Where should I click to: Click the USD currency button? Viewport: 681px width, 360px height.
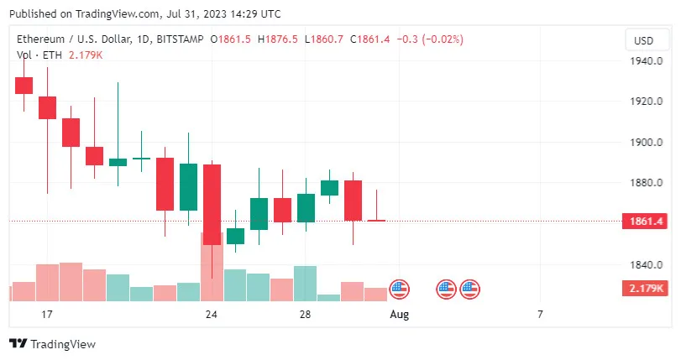click(x=643, y=40)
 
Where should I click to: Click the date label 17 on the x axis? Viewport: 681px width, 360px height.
click(x=47, y=315)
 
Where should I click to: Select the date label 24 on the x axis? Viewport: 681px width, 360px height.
click(x=212, y=315)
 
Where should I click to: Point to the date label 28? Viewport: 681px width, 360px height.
click(x=305, y=315)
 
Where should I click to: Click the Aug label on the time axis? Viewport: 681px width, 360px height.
click(x=400, y=315)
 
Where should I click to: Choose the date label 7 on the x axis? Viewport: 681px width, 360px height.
click(x=540, y=315)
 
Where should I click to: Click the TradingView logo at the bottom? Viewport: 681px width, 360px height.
click(x=52, y=344)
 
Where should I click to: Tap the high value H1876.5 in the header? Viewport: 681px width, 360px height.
click(x=279, y=39)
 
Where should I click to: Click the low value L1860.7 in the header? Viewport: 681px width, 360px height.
click(x=325, y=39)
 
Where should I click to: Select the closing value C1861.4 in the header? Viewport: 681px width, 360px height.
click(x=372, y=39)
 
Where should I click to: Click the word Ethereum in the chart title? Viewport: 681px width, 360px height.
click(x=43, y=39)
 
